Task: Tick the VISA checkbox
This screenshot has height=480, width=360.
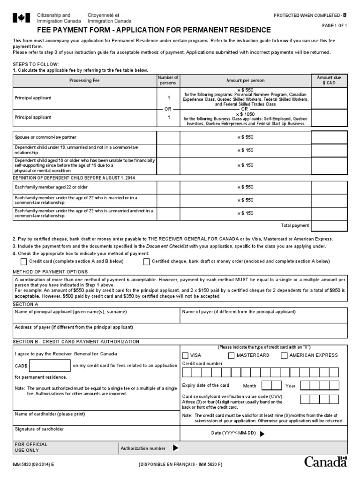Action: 186,355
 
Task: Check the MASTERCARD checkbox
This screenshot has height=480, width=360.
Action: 232,355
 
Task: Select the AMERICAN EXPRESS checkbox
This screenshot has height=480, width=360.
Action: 285,355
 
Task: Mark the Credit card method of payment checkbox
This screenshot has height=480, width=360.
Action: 24,262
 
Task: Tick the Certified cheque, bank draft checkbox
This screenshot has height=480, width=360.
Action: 147,262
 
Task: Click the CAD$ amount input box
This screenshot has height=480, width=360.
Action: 50,365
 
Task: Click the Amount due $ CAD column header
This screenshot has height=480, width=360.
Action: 329,80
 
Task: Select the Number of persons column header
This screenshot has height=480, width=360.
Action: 168,80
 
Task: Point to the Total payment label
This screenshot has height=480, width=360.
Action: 295,225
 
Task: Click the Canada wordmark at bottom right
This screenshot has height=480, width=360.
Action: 326,462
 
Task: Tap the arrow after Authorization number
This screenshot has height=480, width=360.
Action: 175,448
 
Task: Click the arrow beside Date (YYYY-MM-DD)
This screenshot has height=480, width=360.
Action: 262,434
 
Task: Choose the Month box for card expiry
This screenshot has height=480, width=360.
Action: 270,386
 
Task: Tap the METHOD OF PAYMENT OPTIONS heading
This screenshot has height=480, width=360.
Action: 50,272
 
